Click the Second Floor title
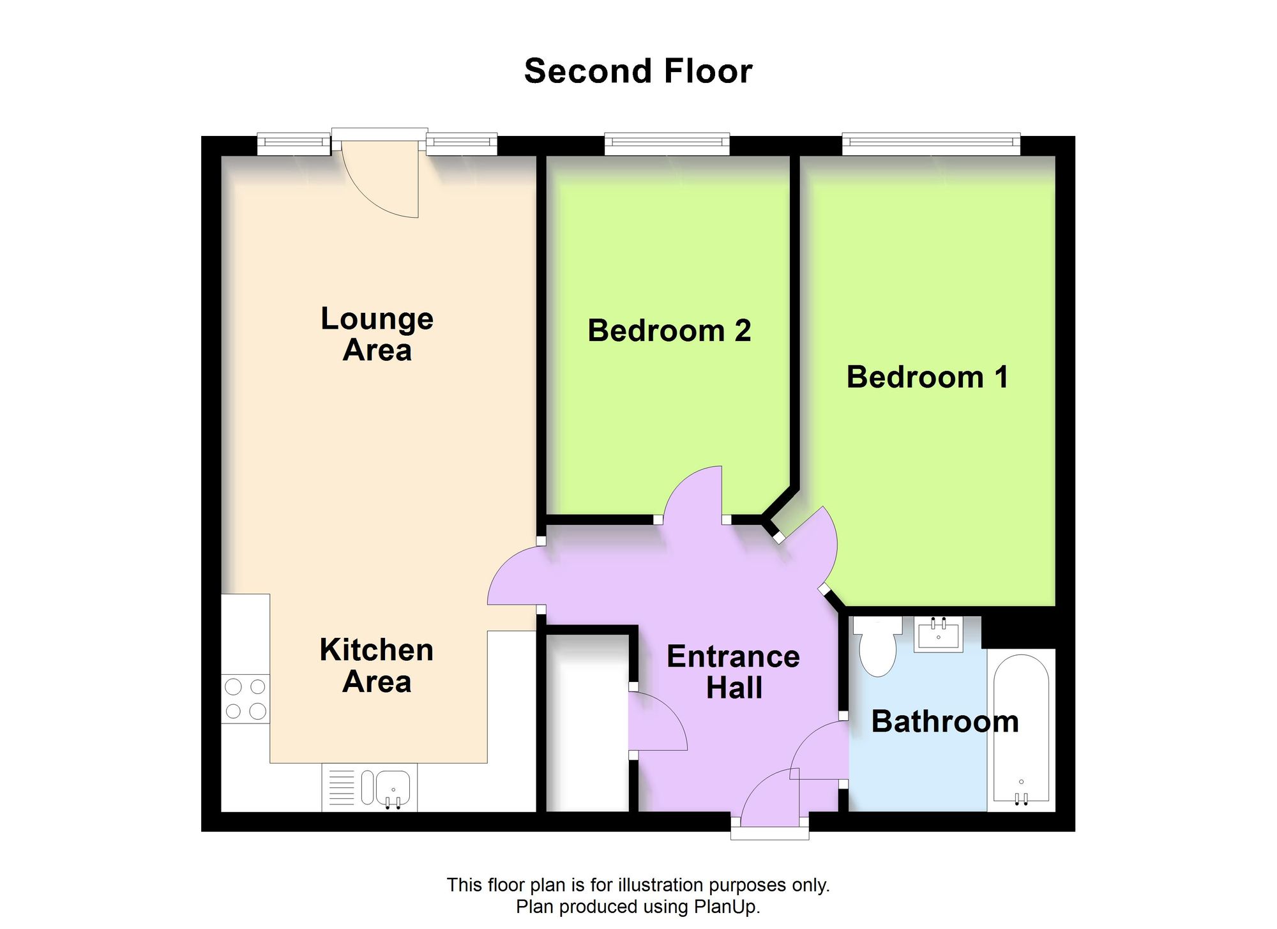(638, 71)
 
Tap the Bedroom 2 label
(669, 331)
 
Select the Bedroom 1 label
(927, 377)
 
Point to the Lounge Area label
(377, 334)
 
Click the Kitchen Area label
(377, 665)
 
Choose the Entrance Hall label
(733, 672)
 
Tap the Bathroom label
(944, 721)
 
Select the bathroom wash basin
(938, 635)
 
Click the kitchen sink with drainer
(370, 787)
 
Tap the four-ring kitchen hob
(246, 699)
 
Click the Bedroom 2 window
(667, 144)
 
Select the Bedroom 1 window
(930, 144)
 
